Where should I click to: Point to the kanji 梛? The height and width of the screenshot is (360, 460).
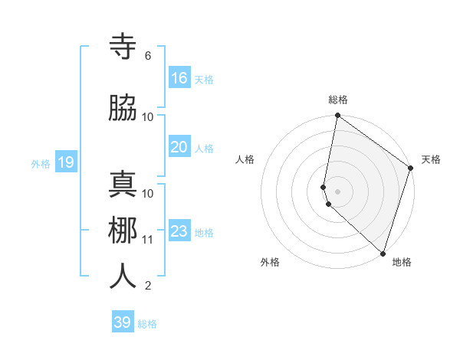123,231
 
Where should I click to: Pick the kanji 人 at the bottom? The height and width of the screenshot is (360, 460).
123,277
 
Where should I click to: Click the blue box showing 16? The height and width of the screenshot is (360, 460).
179,78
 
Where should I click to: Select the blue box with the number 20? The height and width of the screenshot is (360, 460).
179,147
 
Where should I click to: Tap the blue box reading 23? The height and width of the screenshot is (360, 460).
179,231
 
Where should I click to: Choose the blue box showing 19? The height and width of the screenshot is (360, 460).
65,162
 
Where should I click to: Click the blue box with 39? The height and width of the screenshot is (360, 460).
123,322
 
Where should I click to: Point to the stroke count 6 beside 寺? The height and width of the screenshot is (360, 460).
147,56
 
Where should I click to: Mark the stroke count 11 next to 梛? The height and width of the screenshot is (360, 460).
147,240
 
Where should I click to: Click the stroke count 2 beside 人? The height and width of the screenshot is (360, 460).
147,286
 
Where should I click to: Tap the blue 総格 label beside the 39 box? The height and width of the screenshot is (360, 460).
147,324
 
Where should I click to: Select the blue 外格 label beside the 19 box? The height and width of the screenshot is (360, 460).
41,163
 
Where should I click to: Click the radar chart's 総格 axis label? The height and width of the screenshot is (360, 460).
338,100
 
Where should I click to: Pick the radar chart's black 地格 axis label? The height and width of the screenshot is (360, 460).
402,262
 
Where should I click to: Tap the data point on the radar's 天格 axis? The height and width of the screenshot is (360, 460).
411,169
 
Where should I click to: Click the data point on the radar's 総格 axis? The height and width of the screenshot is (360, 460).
337,116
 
